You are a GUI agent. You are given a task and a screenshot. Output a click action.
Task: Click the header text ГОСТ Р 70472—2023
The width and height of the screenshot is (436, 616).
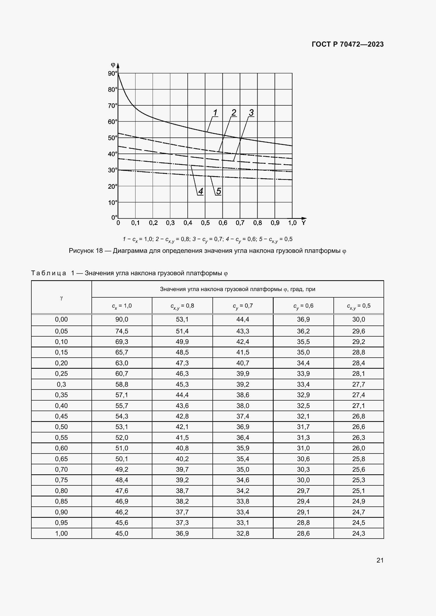pos(347,44)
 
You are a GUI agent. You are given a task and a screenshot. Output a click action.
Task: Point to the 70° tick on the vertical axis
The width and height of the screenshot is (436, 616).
pos(113,106)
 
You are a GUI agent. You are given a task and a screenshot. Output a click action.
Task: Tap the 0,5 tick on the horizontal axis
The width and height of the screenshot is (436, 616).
pos(205,223)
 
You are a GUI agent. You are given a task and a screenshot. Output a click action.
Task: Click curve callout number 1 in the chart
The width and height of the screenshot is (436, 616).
pos(215,113)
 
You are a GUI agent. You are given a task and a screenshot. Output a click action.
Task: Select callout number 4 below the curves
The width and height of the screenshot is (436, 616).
pos(201,191)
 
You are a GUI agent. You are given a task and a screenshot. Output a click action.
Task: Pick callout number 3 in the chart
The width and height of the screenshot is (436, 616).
pos(251,113)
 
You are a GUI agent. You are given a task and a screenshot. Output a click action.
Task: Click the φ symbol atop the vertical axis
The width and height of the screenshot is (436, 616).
pos(113,64)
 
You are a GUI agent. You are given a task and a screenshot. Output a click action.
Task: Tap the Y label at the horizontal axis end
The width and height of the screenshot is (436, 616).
pos(303,223)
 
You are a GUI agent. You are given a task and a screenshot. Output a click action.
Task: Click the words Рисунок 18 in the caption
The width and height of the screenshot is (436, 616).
pos(86,251)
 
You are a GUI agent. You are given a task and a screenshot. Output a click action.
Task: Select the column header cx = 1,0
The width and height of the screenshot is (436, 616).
pos(122,306)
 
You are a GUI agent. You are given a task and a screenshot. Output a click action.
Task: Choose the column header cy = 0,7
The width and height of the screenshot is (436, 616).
pos(243,306)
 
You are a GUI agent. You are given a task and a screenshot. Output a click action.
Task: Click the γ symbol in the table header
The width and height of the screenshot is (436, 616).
pos(61,298)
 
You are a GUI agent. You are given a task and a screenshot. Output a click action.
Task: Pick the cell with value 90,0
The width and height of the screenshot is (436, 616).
pos(122,319)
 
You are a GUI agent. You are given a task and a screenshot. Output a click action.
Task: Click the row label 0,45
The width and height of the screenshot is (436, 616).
pos(61,416)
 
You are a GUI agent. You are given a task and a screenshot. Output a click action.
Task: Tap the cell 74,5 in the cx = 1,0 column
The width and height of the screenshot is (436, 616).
pos(122,331)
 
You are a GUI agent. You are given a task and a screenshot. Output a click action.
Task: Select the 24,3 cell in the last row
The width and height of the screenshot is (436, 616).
pos(359,533)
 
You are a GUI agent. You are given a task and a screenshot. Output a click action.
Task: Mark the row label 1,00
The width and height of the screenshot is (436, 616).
pos(61,533)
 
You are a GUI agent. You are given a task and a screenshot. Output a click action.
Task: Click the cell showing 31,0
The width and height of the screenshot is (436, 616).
pos(303,448)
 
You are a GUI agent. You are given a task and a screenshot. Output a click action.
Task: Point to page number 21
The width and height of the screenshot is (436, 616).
pos(380,560)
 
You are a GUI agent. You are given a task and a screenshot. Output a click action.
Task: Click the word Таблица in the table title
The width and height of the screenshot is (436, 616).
pos(49,273)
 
